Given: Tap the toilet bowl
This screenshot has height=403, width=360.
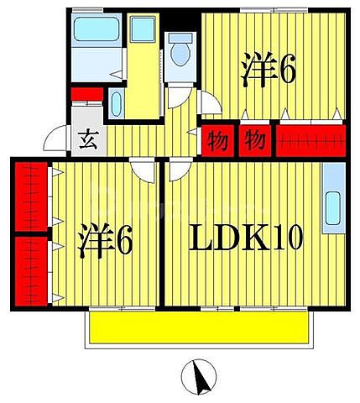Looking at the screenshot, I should (x=180, y=55).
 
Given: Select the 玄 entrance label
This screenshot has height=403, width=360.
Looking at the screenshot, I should (x=87, y=139).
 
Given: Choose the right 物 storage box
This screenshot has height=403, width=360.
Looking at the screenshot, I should (x=255, y=139).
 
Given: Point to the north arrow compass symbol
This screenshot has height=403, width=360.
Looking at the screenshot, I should (x=200, y=377).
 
